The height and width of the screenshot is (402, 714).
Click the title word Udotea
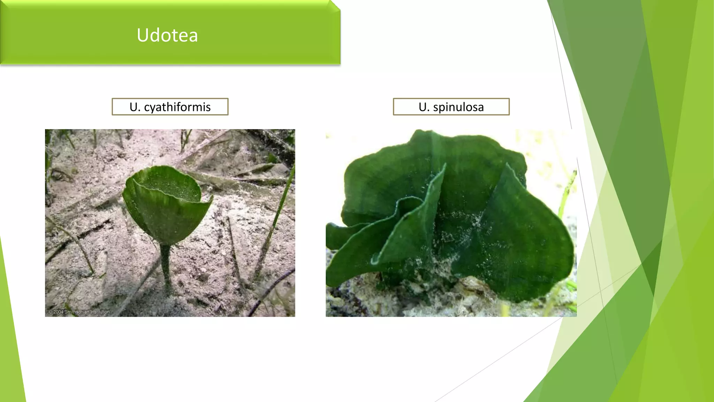coord(167,35)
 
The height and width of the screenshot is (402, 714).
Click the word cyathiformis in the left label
coord(177,107)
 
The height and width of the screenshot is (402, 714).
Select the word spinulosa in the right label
coord(458,107)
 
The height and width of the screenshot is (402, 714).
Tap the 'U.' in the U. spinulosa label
coord(424,107)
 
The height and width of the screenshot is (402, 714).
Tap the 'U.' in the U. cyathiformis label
coord(135,107)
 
